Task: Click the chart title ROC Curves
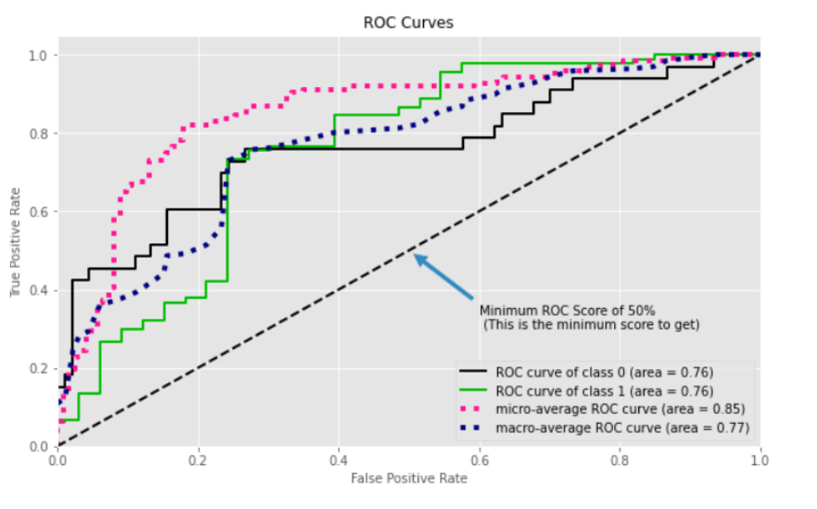(x=408, y=22)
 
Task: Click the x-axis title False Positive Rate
(x=408, y=478)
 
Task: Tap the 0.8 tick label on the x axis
(x=619, y=460)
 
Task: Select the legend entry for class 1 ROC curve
(x=605, y=391)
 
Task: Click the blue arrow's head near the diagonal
(x=417, y=256)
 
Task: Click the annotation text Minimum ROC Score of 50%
(x=554, y=311)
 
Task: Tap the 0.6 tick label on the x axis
(x=479, y=460)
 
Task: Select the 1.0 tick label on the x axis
(x=760, y=460)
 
